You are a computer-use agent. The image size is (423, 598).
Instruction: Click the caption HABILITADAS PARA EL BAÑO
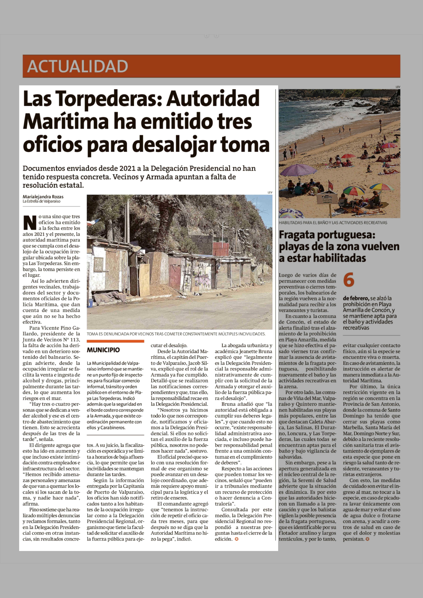click(x=333, y=223)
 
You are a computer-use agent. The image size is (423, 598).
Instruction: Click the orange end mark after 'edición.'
click(x=236, y=539)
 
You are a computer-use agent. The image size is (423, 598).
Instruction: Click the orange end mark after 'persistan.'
click(x=367, y=539)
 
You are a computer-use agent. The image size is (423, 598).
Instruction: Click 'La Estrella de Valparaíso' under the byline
click(x=41, y=201)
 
